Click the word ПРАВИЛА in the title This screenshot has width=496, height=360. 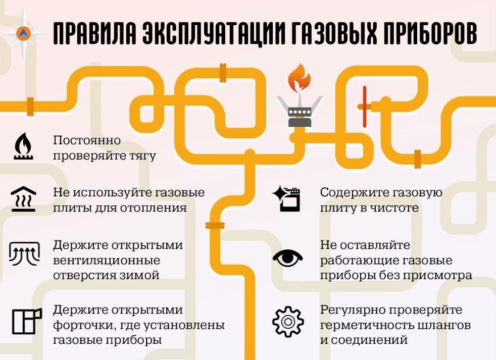[95, 33]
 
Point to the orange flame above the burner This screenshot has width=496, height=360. [299, 78]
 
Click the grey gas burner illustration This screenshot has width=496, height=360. [300, 111]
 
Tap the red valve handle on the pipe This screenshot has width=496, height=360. [365, 107]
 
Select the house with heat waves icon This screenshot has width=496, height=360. [23, 198]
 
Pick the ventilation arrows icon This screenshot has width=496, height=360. [24, 253]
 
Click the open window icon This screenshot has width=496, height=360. [27, 321]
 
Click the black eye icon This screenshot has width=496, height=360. [287, 258]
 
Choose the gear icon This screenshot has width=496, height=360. [288, 322]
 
